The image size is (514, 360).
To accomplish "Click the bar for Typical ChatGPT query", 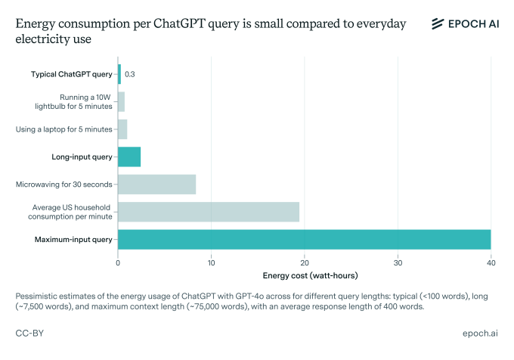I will click(119, 74).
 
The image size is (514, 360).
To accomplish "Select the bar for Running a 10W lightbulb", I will click(121, 101).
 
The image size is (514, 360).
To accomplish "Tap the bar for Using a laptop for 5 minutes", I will click(122, 129).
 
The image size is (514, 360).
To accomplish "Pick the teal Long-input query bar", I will click(129, 157).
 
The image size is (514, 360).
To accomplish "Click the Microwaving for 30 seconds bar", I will click(156, 185).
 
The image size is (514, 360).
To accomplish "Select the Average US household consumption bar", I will click(209, 212).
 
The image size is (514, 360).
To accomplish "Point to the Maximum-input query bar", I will click(304, 240).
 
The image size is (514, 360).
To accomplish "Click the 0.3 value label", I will click(130, 74).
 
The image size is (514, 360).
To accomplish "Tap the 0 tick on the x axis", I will click(118, 262).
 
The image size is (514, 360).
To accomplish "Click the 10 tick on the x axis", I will click(211, 262).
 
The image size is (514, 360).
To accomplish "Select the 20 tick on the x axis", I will click(305, 262).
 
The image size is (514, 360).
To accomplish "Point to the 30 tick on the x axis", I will click(398, 262).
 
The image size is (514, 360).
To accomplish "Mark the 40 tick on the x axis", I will click(491, 262).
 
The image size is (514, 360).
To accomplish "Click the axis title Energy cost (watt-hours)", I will click(304, 275).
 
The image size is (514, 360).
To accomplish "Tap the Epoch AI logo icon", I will click(437, 24).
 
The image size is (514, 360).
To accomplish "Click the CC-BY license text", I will click(29, 333).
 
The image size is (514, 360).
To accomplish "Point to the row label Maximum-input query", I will click(73, 240).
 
